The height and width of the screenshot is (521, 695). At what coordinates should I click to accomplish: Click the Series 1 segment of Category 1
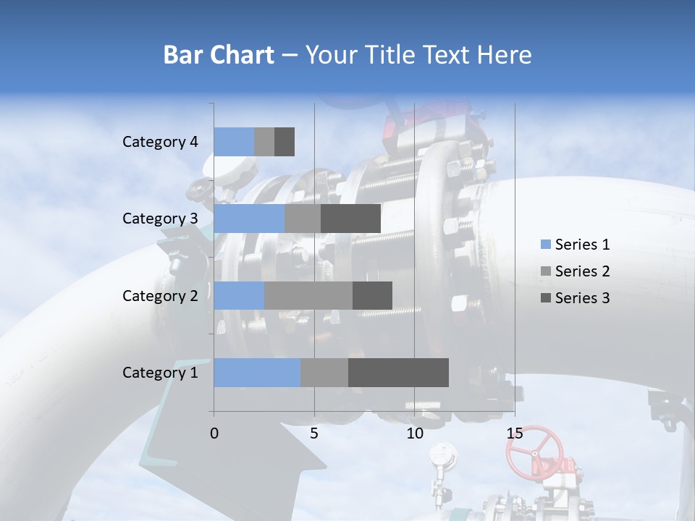257,373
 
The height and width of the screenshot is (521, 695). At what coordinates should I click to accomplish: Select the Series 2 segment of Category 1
324,373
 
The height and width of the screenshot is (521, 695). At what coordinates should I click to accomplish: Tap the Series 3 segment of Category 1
398,373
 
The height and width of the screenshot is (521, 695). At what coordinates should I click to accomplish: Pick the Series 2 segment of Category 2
308,295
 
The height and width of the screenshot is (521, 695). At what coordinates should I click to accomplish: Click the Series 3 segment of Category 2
372,295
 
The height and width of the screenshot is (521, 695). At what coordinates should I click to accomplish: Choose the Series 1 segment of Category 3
249,219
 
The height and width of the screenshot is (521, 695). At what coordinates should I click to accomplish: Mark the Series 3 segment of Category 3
350,219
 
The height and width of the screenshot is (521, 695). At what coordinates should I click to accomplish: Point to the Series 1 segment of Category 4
234,142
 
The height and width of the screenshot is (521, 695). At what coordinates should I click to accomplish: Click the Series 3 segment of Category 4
285,142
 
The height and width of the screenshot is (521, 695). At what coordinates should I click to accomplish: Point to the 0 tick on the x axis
214,433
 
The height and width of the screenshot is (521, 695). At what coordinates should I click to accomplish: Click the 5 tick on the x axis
314,433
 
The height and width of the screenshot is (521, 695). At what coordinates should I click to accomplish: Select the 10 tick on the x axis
414,433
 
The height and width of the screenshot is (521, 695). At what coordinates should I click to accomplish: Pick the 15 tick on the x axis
514,433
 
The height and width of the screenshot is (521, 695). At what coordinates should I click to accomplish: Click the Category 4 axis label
160,142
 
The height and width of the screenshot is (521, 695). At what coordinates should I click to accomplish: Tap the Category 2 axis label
160,295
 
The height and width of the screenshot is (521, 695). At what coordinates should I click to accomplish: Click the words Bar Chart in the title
218,55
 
